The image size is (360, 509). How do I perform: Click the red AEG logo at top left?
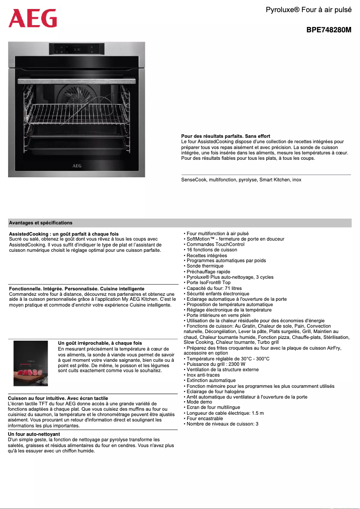click(33, 18)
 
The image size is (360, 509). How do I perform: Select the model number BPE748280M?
click(329, 31)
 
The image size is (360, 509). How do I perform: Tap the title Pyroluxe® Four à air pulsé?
click(308, 9)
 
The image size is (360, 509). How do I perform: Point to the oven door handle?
click(77, 81)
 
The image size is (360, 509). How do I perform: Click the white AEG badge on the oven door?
click(77, 165)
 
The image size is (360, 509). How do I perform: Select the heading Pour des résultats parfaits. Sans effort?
click(225, 136)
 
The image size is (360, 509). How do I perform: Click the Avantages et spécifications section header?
click(40, 223)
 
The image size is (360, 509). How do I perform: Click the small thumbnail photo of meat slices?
click(31, 363)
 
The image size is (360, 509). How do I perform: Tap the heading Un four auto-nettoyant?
click(34, 434)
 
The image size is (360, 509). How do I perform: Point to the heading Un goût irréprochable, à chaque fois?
click(100, 343)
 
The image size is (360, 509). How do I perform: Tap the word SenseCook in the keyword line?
click(194, 180)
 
